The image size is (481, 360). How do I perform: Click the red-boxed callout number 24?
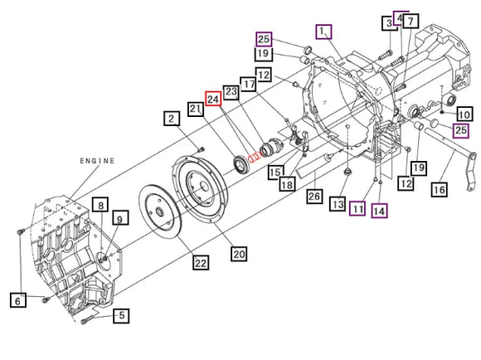click(213, 99)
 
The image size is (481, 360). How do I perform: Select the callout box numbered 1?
click(323, 32)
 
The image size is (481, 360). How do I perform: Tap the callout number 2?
click(172, 119)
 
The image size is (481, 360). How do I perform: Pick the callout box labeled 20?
click(240, 254)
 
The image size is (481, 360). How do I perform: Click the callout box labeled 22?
click(201, 263)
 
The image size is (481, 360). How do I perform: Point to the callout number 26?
click(314, 196)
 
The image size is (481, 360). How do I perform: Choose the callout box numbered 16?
click(439, 190)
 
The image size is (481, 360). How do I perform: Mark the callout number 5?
click(121, 315)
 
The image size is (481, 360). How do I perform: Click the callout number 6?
click(17, 300)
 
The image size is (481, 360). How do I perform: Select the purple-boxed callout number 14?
click(379, 211)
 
